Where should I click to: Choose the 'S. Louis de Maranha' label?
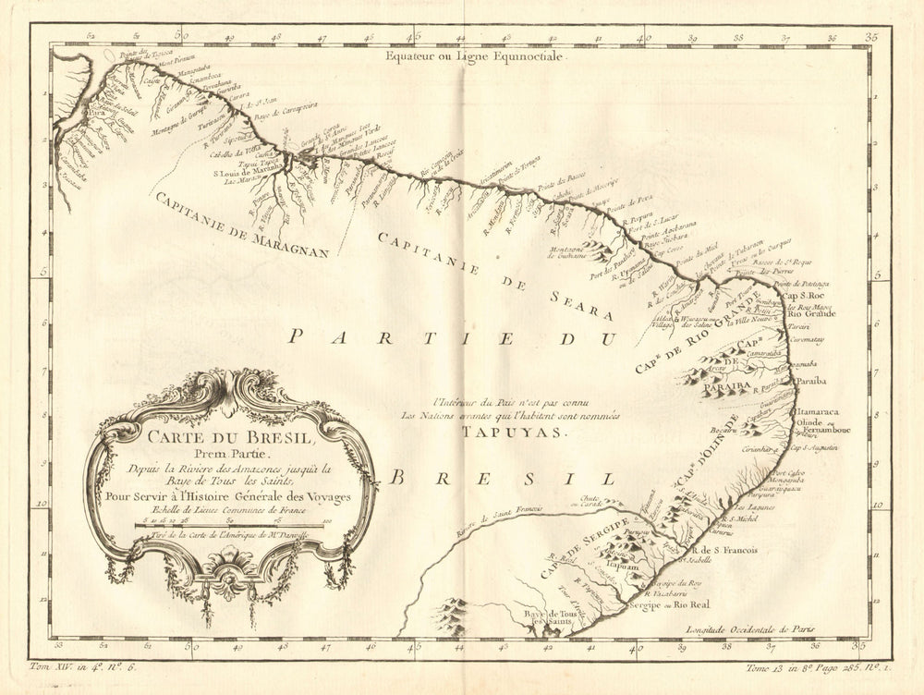coord(248,170)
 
